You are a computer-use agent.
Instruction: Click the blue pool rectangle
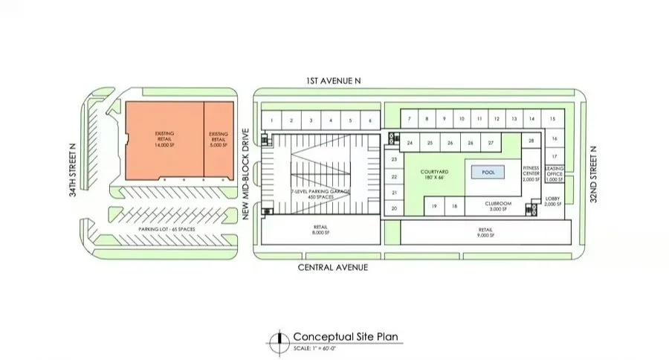point(488,172)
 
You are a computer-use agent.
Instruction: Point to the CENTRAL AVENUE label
point(332,267)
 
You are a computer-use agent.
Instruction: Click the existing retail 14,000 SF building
point(164,140)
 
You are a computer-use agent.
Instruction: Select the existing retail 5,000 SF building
point(219,140)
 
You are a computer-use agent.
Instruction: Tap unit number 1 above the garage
point(273,120)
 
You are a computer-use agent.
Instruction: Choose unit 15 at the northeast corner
point(552,119)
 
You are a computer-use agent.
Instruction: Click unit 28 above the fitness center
point(531,141)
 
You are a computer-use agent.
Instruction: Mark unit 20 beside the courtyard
point(394,209)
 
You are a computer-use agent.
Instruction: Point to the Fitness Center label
point(531,174)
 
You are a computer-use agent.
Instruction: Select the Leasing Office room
point(554,174)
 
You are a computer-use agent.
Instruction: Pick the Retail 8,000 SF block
point(321,231)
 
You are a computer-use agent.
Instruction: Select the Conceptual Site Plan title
point(346,336)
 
